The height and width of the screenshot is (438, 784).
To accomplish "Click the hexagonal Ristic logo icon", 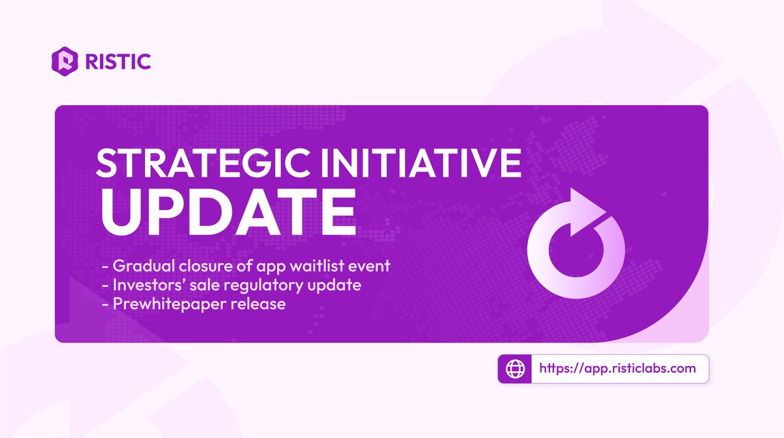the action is [65, 61].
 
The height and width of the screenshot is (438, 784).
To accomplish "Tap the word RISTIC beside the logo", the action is [118, 61].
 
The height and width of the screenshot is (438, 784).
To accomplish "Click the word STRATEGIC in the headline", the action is [203, 163].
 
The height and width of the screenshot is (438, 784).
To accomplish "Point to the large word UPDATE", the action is [229, 212].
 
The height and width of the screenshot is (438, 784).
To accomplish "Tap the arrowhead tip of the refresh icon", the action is [606, 211].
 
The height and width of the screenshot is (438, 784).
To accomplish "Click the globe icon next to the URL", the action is [515, 369].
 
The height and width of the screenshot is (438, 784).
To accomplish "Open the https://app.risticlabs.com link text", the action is [617, 369].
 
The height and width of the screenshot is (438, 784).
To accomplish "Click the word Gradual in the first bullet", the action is [144, 266].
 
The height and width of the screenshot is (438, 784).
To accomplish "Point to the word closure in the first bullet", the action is [205, 266].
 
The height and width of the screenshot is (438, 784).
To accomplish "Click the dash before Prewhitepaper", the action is [105, 304].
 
